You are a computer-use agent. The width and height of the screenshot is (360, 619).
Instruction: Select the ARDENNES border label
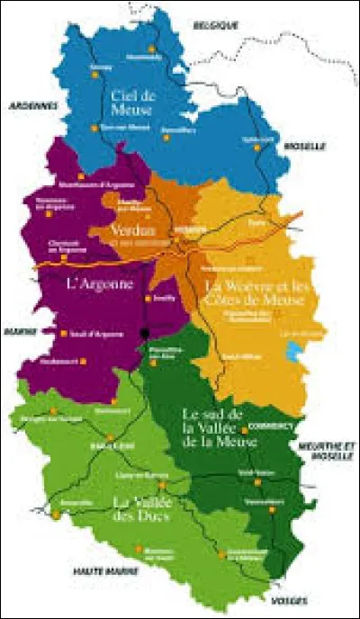[x=33, y=104]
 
